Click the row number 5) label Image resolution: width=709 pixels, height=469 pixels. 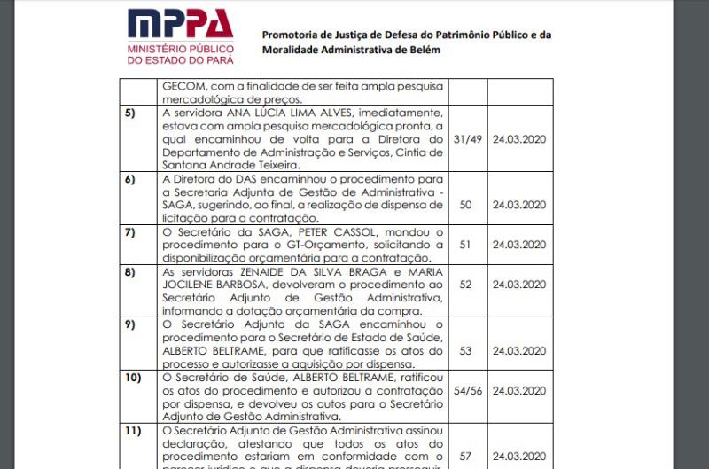click(x=130, y=113)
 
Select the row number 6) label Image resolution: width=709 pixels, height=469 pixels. click(x=130, y=178)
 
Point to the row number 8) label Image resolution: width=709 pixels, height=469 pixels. click(x=130, y=271)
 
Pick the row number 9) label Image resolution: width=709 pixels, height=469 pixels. click(x=130, y=324)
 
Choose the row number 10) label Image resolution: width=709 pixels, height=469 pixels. click(x=132, y=378)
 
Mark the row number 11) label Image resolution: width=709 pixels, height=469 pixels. click(x=132, y=431)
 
